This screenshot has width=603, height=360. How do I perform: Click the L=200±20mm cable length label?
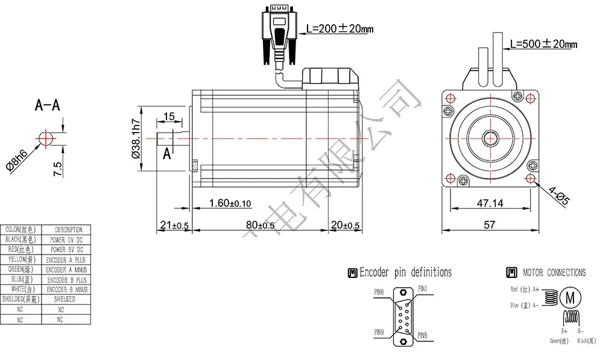click(339, 28)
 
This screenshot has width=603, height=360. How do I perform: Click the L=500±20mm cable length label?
click(543, 44)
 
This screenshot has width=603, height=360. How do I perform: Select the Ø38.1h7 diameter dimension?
click(136, 138)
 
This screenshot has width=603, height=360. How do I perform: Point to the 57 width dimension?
click(489, 224)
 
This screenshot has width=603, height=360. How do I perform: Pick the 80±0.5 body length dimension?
click(260, 225)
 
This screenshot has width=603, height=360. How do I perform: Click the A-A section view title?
click(47, 106)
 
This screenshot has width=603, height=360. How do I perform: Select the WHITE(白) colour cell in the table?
click(21, 289)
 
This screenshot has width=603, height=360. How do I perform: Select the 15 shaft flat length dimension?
click(169, 116)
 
